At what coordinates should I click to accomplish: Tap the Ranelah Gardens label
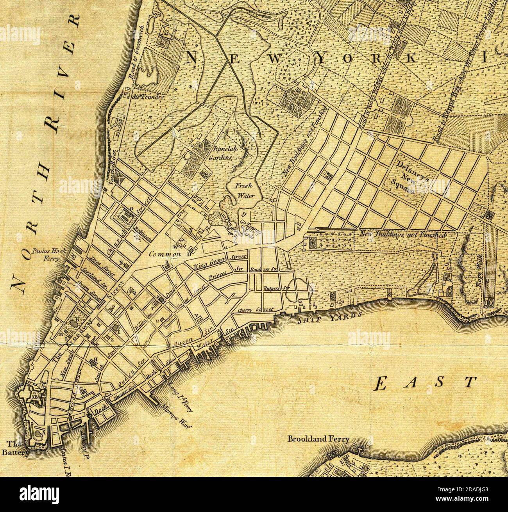click(223, 154)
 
